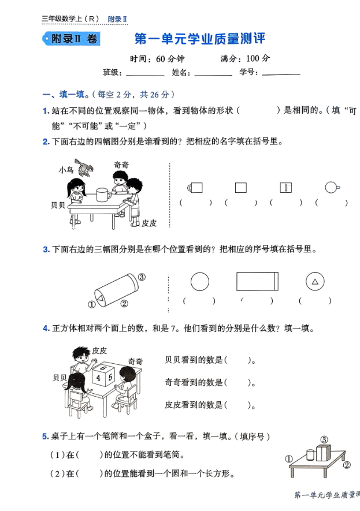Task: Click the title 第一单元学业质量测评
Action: (x=199, y=39)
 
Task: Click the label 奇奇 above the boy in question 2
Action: (x=121, y=165)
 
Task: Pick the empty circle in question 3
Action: (x=200, y=282)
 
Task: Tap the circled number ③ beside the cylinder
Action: (x=142, y=277)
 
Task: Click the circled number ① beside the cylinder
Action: (x=91, y=304)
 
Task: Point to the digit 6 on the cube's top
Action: (x=102, y=367)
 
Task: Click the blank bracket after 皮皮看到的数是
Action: (x=236, y=405)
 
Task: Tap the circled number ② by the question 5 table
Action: (x=346, y=464)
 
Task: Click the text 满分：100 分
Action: (x=245, y=58)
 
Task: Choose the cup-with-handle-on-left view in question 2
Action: (x=195, y=187)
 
